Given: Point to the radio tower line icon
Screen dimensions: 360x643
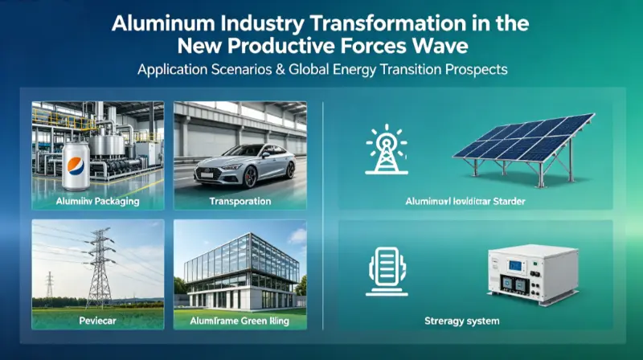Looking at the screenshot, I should pyautogui.click(x=381, y=149).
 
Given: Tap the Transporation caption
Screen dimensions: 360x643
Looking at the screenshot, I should pyautogui.click(x=239, y=201).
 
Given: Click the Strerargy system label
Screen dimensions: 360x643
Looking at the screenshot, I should pyautogui.click(x=462, y=321).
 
